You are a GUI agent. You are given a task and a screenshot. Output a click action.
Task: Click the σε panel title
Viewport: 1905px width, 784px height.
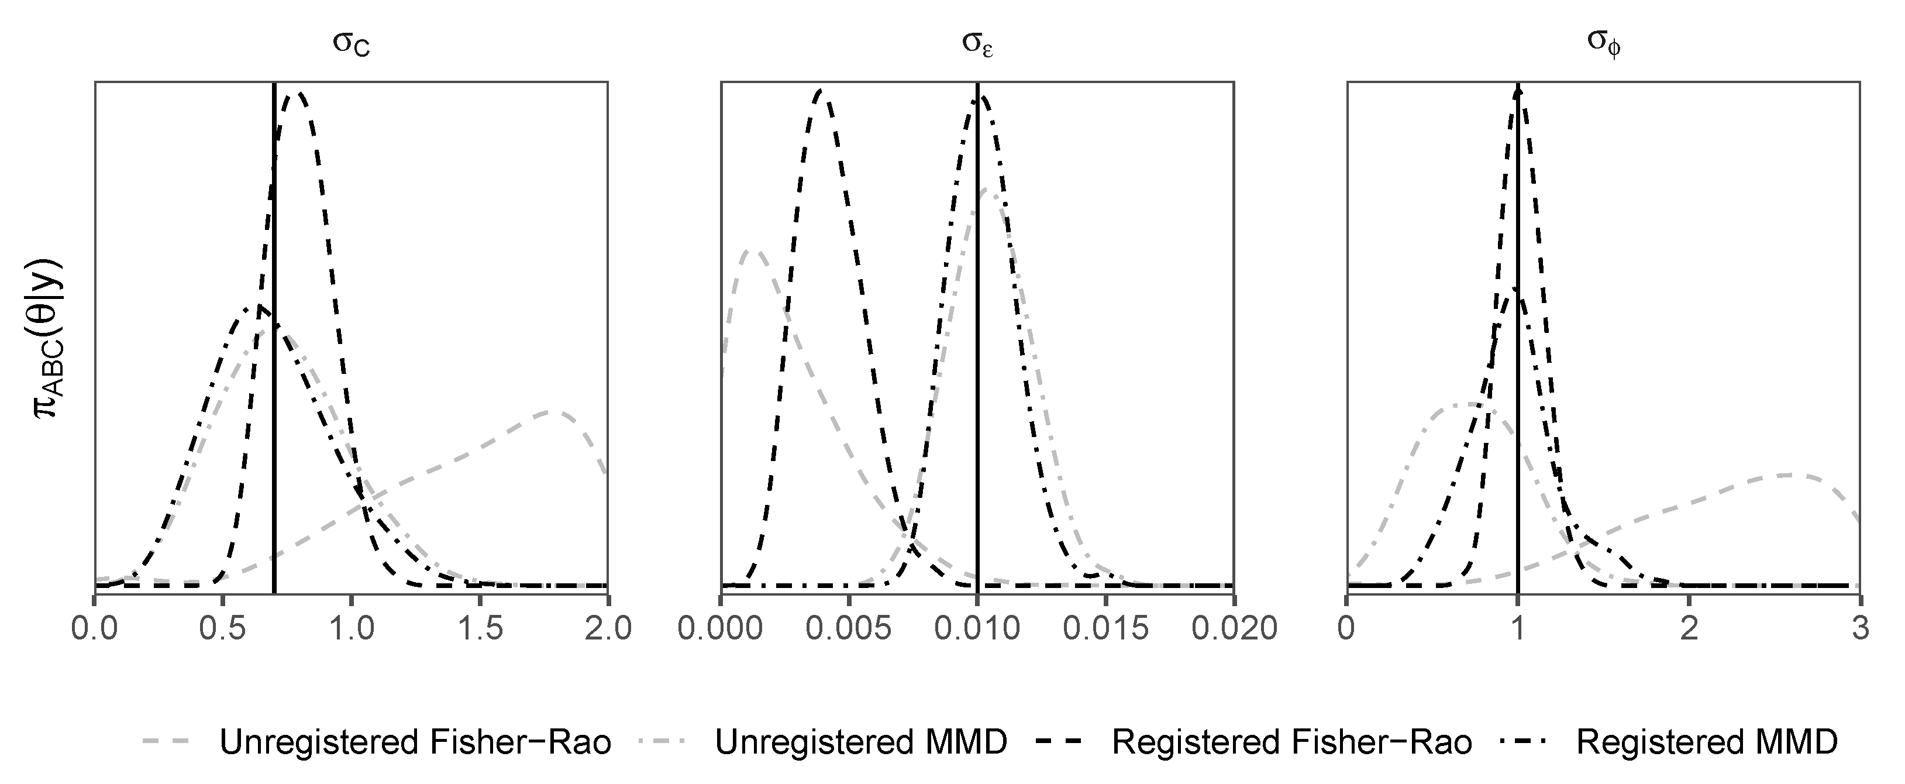pyautogui.click(x=977, y=44)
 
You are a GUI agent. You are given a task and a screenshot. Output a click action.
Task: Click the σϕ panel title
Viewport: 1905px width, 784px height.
pyautogui.click(x=1603, y=44)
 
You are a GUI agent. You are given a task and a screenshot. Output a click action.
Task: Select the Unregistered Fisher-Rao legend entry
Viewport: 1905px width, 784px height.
pyautogui.click(x=415, y=742)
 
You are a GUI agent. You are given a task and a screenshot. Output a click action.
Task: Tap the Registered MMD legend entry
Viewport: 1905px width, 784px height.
pyautogui.click(x=1707, y=742)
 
